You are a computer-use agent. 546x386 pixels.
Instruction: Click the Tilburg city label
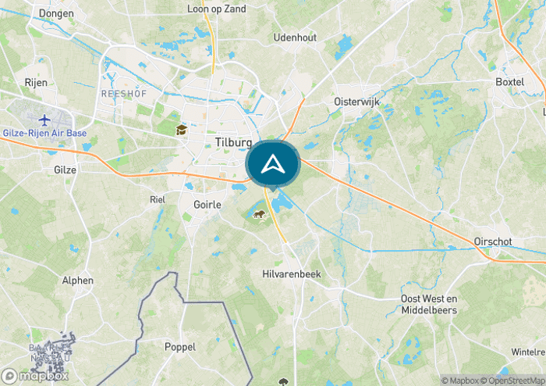(232, 143)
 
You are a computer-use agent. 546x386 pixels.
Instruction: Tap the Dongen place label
(56, 13)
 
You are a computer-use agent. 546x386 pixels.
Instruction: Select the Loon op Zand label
(217, 9)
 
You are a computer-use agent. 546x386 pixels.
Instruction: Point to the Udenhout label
(295, 38)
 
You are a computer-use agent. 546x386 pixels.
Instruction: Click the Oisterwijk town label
(356, 102)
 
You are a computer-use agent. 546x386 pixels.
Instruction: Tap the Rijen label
(36, 82)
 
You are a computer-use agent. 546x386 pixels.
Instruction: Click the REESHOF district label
(119, 94)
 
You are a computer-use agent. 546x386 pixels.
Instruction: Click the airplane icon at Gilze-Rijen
(44, 120)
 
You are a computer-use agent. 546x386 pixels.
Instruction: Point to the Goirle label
(207, 204)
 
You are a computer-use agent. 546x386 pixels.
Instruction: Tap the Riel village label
(158, 199)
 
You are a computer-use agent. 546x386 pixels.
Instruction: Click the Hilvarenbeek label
(291, 274)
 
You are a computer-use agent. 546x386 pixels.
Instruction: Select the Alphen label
(78, 281)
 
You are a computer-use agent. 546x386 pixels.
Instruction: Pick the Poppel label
(179, 346)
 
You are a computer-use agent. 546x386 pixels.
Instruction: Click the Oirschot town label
(493, 242)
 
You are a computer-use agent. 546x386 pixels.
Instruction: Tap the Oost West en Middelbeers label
(428, 304)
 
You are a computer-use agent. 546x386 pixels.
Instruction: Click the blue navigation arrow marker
(272, 164)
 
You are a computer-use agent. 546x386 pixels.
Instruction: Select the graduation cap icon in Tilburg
(182, 130)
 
